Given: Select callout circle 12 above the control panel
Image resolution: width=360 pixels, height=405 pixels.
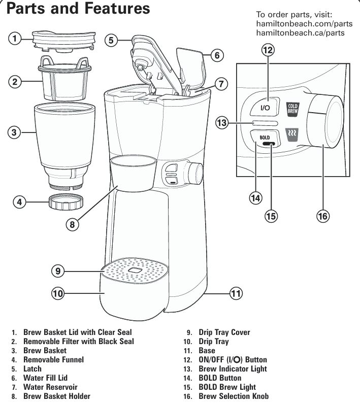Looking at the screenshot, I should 268,50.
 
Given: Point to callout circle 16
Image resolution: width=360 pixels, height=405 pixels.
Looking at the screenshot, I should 322,216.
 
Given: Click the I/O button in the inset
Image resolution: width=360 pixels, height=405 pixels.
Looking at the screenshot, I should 266,107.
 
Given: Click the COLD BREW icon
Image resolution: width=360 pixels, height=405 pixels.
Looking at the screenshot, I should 293,108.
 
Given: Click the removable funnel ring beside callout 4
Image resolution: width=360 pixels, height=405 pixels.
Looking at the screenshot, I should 64,203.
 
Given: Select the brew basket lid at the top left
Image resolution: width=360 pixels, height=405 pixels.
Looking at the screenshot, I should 63,40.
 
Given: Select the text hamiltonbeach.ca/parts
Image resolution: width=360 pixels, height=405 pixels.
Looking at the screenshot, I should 301,33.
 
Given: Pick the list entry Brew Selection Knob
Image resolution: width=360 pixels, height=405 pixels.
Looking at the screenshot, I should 234,396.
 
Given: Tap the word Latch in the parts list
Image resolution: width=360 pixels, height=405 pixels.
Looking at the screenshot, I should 32,368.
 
